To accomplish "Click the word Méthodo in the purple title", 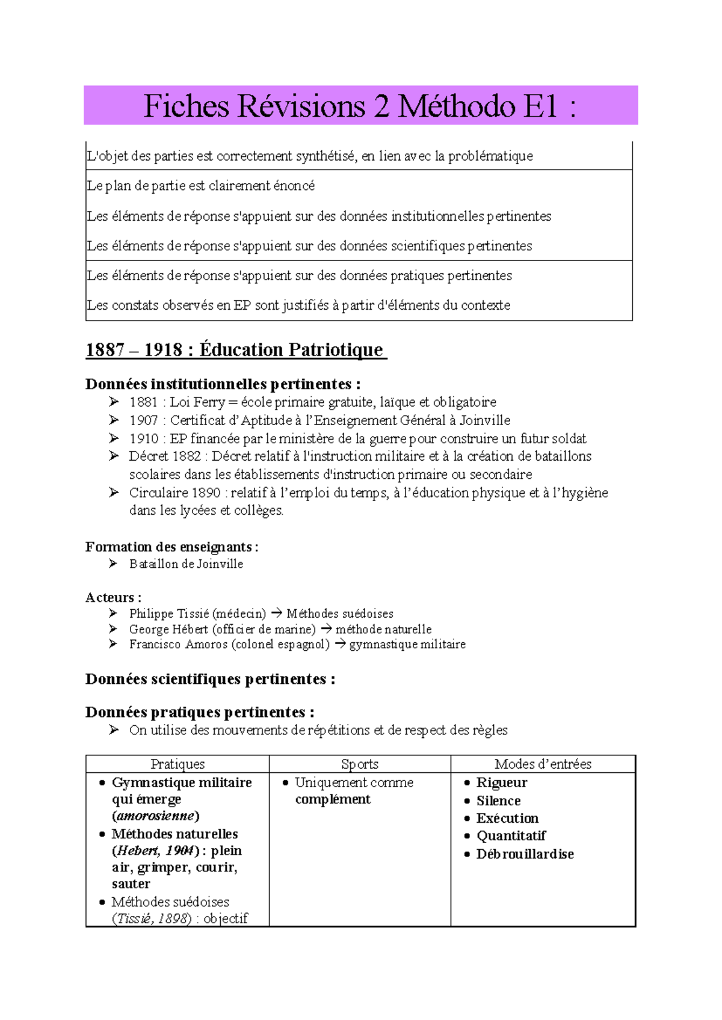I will (x=455, y=106).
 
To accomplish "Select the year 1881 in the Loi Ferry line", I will (x=143, y=402).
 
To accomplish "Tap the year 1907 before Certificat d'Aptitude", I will (x=143, y=420).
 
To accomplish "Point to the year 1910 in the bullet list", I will (x=143, y=438).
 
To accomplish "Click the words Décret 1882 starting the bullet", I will (x=164, y=456).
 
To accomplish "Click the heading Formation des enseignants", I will (x=171, y=547).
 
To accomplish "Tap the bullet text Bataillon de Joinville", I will (x=186, y=564).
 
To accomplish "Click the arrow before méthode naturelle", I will (x=326, y=629).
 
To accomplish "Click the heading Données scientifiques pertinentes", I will (x=210, y=679).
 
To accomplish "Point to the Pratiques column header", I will (x=177, y=764).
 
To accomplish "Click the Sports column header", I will (x=359, y=764).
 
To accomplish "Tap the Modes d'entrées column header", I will (x=543, y=764).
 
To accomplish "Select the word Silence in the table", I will (x=498, y=800).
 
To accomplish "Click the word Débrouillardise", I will (x=525, y=854).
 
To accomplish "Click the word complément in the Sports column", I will (x=333, y=799).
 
